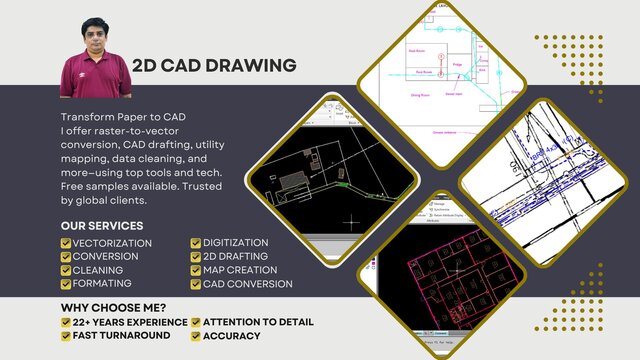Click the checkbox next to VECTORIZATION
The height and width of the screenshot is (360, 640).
click(x=66, y=243)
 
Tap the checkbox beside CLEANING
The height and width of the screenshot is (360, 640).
click(x=66, y=270)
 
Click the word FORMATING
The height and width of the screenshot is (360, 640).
click(x=102, y=284)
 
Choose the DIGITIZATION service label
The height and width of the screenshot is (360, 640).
click(x=236, y=243)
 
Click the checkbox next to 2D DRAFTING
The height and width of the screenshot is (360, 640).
click(x=196, y=256)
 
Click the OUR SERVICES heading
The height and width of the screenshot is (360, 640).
click(x=101, y=226)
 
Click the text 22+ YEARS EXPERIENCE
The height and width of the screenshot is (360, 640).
click(x=130, y=322)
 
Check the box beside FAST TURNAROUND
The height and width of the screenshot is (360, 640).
click(x=66, y=336)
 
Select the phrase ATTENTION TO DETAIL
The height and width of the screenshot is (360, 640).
click(x=259, y=322)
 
